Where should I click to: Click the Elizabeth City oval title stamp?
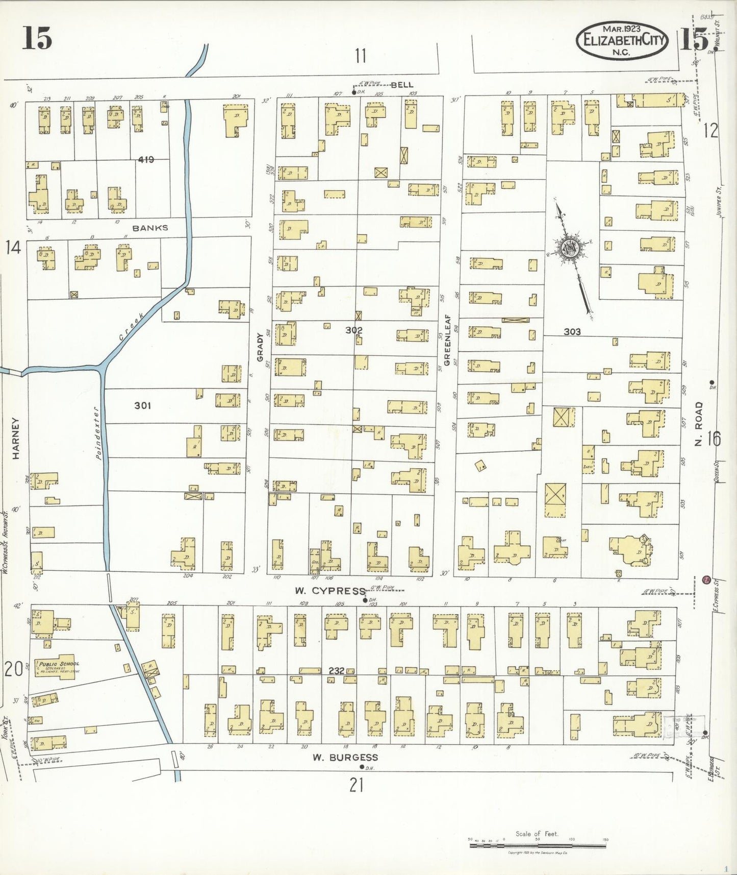click(622, 40)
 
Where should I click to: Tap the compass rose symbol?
click(568, 249)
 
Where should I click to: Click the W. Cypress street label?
click(330, 591)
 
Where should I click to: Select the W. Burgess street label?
click(345, 758)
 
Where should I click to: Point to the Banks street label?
click(150, 228)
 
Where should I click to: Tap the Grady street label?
click(260, 347)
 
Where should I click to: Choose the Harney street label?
click(15, 439)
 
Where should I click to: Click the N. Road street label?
click(698, 424)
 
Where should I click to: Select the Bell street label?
click(402, 85)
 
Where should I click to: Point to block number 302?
click(354, 330)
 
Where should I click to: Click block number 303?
click(572, 332)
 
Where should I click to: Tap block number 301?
click(142, 405)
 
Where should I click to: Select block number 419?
click(145, 160)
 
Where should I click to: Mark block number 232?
click(336, 671)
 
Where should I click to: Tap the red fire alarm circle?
click(706, 579)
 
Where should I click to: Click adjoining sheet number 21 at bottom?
click(356, 785)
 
